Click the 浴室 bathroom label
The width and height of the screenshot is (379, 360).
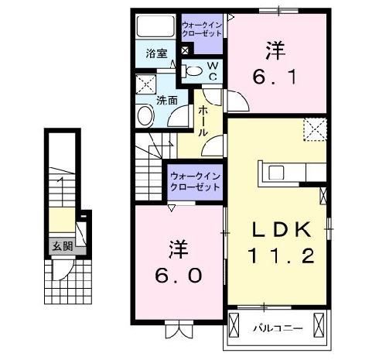[156, 53]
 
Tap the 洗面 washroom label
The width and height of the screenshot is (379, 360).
[167, 101]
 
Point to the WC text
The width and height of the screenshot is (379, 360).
[210, 71]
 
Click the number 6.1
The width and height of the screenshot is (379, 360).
[273, 77]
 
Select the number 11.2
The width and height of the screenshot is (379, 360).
[281, 255]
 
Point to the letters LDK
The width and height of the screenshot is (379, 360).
[282, 228]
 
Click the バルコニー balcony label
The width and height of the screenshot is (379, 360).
[275, 329]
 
